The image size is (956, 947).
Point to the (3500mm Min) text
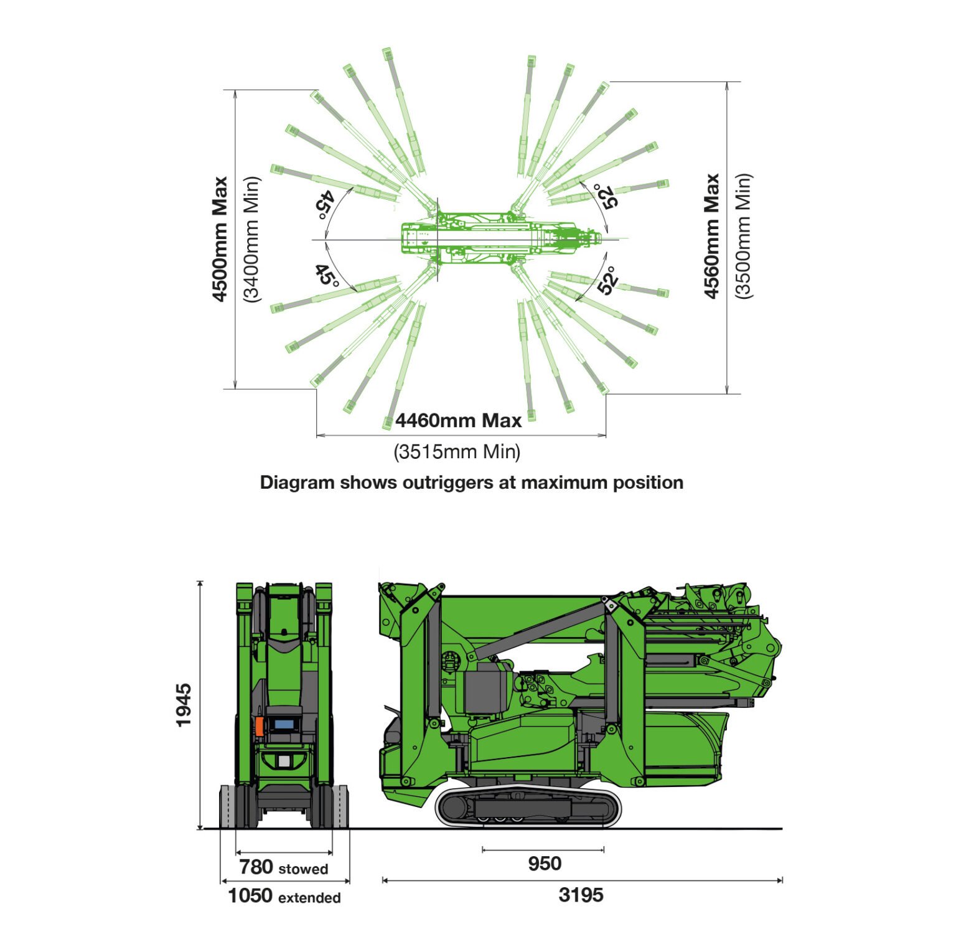[x=744, y=236]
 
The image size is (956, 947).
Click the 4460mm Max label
[x=459, y=421]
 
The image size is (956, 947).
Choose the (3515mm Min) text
[x=457, y=451]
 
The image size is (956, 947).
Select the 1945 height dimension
[x=184, y=705]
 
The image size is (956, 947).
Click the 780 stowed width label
[x=284, y=867]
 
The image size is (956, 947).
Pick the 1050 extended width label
[x=284, y=896]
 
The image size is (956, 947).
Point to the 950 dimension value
[x=545, y=864]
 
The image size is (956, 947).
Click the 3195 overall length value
[x=581, y=895]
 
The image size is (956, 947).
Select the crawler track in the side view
[x=528, y=807]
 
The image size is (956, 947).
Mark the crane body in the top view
[x=502, y=237]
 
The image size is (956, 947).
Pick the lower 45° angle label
[x=327, y=275]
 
